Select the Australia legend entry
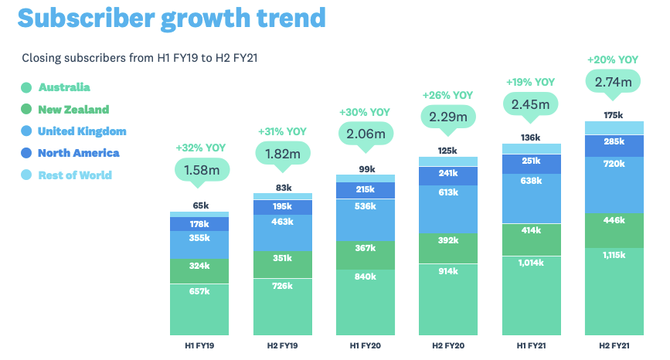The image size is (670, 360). [x=64, y=87]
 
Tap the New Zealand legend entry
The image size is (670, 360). [x=73, y=110]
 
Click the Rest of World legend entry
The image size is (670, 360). [x=75, y=175]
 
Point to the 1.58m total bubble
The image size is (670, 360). [x=200, y=169]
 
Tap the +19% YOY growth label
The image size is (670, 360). [x=530, y=81]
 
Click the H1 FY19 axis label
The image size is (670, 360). [x=199, y=344]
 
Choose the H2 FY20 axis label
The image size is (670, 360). [x=447, y=344]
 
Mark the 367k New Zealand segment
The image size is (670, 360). [x=366, y=248]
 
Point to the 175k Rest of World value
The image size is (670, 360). [x=614, y=115]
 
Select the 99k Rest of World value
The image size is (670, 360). [x=366, y=168]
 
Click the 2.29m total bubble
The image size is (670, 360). [x=447, y=117]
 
